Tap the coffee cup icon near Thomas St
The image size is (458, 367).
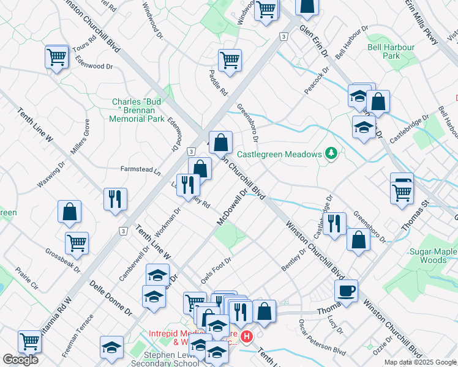pos(345,291)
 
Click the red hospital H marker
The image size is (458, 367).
pos(246,336)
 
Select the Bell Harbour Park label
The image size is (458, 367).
pos(391,51)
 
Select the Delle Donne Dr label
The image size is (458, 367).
pos(111,298)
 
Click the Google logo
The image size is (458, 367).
pos(20,360)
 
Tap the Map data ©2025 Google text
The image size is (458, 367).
pos(421,362)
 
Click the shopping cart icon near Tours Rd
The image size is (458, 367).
pos(56,57)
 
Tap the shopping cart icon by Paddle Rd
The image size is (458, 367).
pos(230,60)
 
